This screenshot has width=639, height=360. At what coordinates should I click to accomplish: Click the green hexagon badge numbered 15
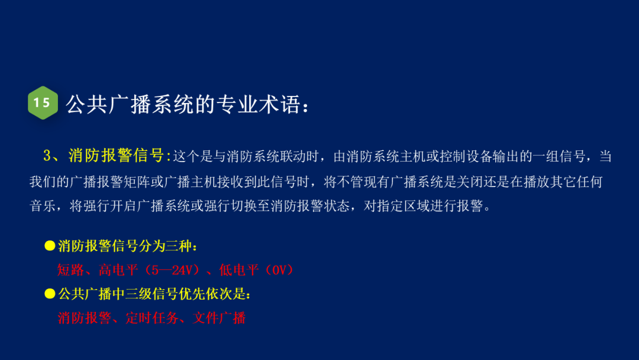click(43, 103)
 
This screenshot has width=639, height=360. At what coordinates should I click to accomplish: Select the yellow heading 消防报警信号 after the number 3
click(116, 156)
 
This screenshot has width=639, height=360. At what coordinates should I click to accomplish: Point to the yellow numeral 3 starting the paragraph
click(48, 156)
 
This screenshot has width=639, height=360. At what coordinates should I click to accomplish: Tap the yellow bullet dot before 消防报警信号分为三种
click(50, 246)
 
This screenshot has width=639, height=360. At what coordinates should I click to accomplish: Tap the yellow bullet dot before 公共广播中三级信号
click(50, 294)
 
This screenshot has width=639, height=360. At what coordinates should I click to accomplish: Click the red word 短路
click(71, 270)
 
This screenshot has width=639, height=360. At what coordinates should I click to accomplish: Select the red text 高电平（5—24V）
click(150, 270)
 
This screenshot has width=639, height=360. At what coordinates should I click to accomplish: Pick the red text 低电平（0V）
click(256, 270)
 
